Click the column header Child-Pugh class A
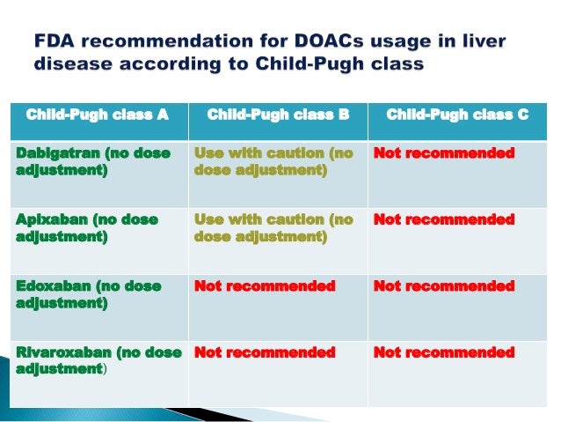(97, 115)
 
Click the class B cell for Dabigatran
(273, 161)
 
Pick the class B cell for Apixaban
(273, 227)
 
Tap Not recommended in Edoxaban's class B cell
(265, 285)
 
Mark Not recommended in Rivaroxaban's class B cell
(265, 352)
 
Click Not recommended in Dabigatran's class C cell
(444, 153)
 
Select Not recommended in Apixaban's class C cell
(444, 219)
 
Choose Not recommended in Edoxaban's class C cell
(444, 285)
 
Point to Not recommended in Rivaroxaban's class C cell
(444, 352)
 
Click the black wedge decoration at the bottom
(189, 414)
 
